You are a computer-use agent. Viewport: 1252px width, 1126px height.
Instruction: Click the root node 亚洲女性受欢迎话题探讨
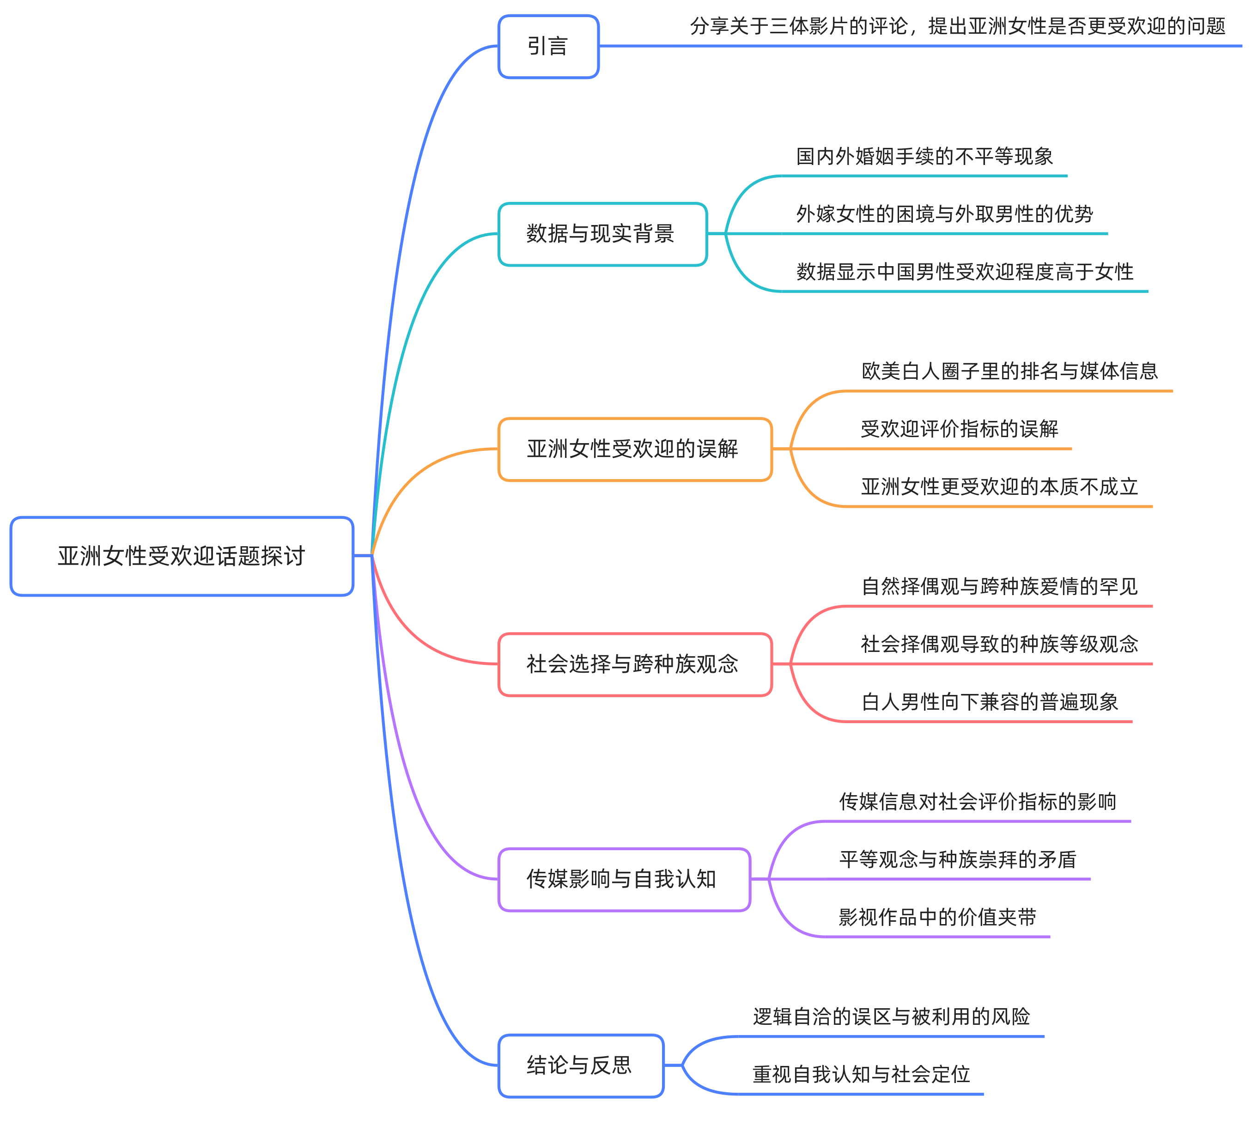point(181,556)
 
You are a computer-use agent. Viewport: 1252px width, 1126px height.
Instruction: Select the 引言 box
point(548,46)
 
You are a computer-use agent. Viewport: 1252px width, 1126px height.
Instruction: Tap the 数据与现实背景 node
point(602,234)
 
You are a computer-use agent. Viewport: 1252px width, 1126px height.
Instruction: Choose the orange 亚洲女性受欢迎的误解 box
point(635,449)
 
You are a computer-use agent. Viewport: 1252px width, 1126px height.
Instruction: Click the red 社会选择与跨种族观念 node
point(635,664)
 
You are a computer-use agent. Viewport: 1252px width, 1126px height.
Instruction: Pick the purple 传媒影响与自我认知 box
point(624,879)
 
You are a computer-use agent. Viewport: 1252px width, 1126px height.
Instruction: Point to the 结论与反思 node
point(580,1065)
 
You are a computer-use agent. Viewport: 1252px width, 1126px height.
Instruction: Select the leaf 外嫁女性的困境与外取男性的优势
point(945,214)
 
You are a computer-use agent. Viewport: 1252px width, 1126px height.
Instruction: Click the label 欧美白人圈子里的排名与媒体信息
point(1009,371)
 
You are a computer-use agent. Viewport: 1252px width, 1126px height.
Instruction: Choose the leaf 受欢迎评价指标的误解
point(960,429)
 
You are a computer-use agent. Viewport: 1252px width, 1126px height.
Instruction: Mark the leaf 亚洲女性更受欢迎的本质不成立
point(1000,487)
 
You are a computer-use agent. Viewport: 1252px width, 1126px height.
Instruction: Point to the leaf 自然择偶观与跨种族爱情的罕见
point(1000,586)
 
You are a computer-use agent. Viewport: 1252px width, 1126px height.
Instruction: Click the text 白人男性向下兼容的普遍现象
point(990,702)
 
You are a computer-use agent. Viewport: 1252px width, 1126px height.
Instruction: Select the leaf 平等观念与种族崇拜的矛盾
point(958,859)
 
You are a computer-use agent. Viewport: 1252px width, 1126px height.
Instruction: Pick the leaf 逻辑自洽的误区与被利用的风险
point(891,1016)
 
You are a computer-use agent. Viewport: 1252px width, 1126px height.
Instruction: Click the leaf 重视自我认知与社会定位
point(861,1074)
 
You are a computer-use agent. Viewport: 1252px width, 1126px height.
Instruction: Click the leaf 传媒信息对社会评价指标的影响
point(978,802)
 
